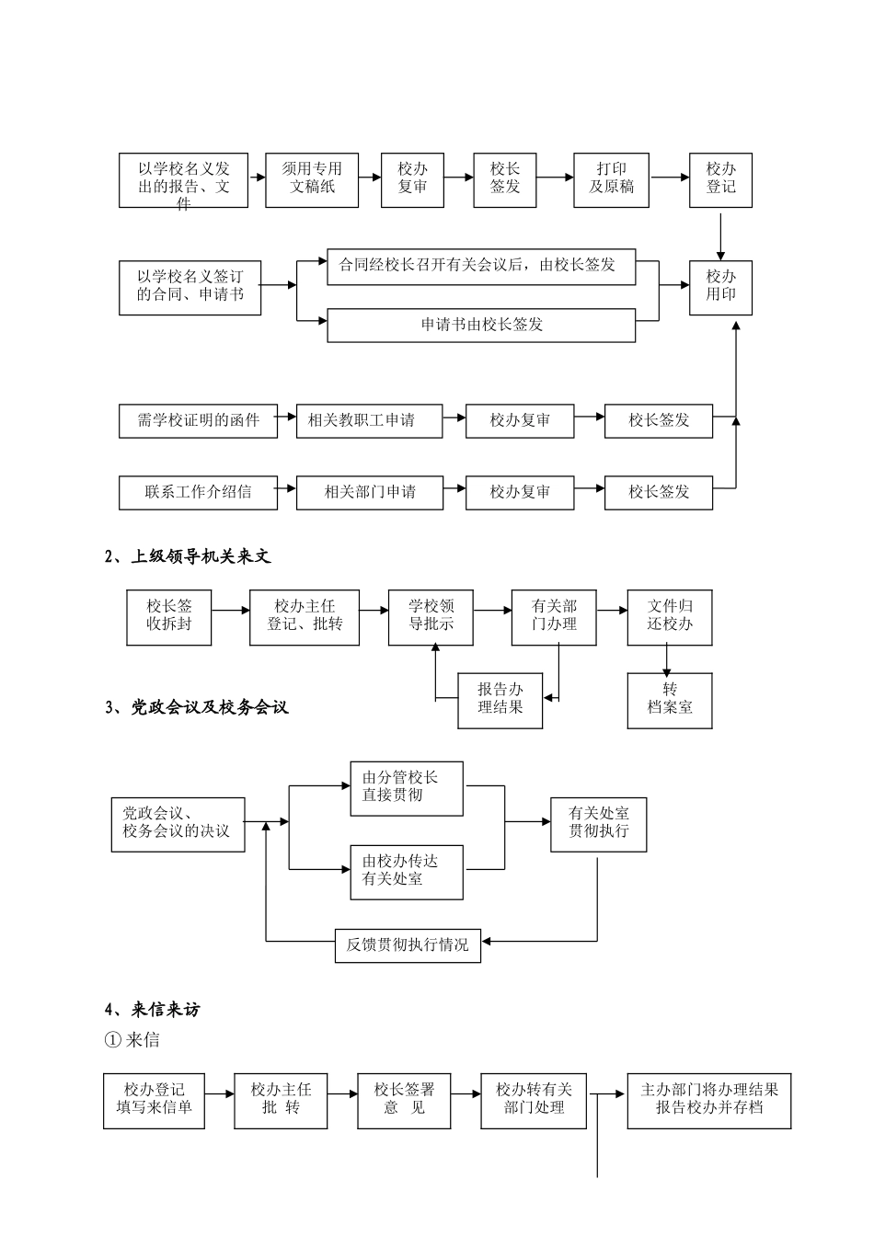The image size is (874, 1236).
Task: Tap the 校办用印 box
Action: [720, 286]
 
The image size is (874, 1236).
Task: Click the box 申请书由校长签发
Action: [481, 325]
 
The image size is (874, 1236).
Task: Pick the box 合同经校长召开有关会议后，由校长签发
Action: [481, 266]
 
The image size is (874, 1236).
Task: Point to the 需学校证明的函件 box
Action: [197, 420]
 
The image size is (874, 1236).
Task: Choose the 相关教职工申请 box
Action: [369, 420]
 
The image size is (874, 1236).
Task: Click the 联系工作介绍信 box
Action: [197, 491]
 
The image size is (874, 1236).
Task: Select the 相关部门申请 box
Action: [369, 491]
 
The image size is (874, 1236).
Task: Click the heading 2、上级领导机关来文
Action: [188, 556]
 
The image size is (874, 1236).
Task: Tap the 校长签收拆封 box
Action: [169, 616]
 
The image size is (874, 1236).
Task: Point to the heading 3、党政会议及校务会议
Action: [197, 707]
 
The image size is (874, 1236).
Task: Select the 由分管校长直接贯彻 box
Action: [406, 788]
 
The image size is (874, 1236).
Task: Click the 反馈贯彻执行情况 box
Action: [407, 944]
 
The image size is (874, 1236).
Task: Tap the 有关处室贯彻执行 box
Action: [598, 823]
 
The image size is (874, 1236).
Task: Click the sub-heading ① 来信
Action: [132, 1041]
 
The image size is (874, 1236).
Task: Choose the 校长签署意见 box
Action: [404, 1100]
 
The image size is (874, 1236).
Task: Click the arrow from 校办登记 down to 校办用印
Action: [720, 235]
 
